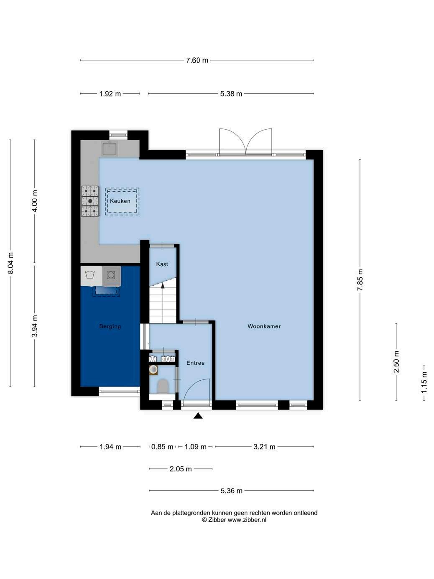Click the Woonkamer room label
pyautogui.click(x=264, y=326)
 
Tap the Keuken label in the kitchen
pyautogui.click(x=120, y=201)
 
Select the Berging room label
pyautogui.click(x=110, y=326)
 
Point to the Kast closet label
pyautogui.click(x=162, y=264)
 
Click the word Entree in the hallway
pyautogui.click(x=196, y=363)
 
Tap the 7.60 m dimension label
pyautogui.click(x=197, y=60)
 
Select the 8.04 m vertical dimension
pyautogui.click(x=10, y=263)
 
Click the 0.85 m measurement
pyautogui.click(x=162, y=447)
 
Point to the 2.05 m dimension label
pyautogui.click(x=181, y=469)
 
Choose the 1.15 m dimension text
pyautogui.click(x=424, y=382)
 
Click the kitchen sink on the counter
pyautogui.click(x=110, y=148)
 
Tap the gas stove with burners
pyautogui.click(x=90, y=201)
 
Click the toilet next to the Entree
pyautogui.click(x=163, y=386)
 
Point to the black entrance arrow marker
pyautogui.click(x=198, y=416)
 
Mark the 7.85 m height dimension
pyautogui.click(x=360, y=280)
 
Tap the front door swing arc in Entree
pyautogui.click(x=192, y=385)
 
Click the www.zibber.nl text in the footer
pyautogui.click(x=247, y=520)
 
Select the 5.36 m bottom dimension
pyautogui.click(x=231, y=491)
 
